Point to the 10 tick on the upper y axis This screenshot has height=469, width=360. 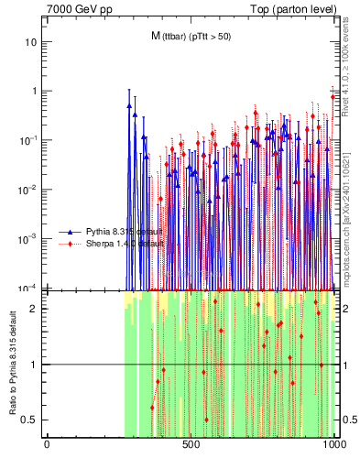point(31,42)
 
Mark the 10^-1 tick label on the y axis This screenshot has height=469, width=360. point(27,140)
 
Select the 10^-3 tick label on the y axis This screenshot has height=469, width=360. point(27,238)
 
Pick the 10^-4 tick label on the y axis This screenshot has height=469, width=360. point(27,287)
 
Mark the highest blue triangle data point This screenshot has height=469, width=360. point(129,104)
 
